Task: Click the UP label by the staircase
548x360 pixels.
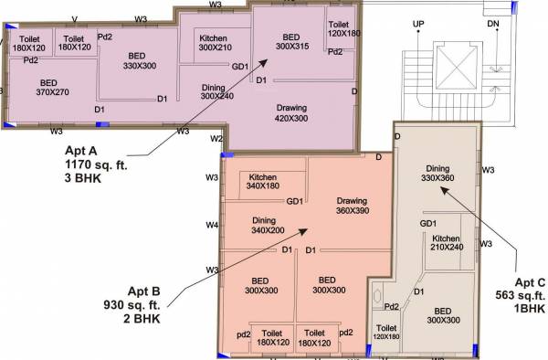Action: (418, 22)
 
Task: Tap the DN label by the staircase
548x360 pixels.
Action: (493, 22)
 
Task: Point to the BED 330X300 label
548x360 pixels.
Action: (142, 60)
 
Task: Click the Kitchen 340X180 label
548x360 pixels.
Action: (263, 181)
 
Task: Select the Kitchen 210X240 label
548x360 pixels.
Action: (448, 241)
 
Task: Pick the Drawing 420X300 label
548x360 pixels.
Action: (291, 112)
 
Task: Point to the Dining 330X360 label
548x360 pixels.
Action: (437, 173)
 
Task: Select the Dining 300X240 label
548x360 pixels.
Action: (218, 90)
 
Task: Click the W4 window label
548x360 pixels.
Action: (212, 225)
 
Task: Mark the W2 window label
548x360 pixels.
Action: (216, 139)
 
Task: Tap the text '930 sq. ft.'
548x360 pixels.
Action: (132, 307)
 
